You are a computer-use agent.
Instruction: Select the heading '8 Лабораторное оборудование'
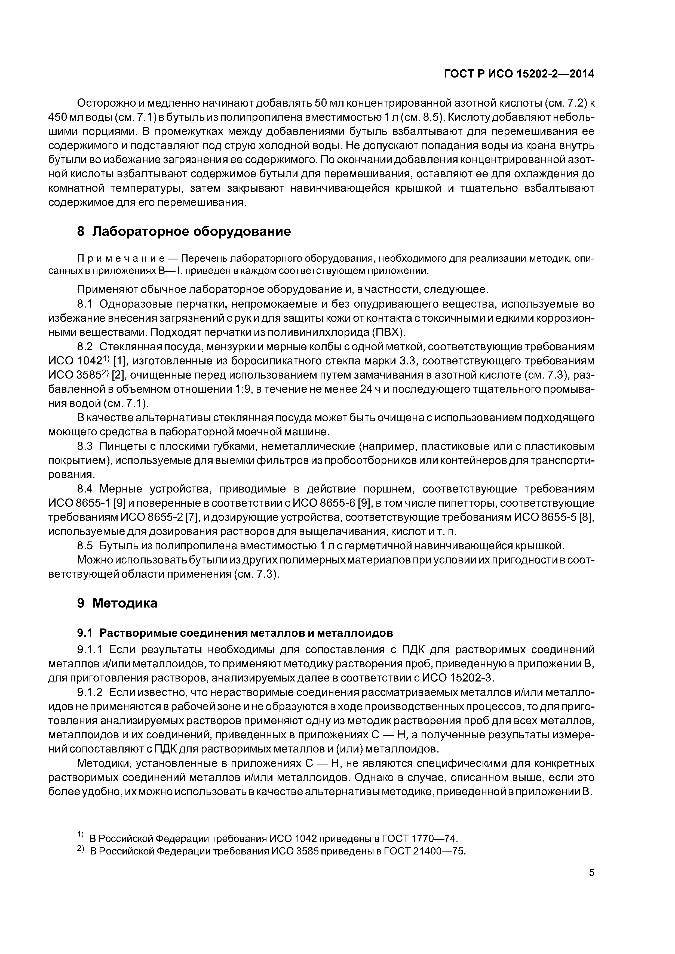tap(184, 231)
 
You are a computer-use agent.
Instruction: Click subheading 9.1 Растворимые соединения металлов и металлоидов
tap(235, 633)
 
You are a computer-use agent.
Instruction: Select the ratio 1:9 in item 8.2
tap(224, 389)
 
